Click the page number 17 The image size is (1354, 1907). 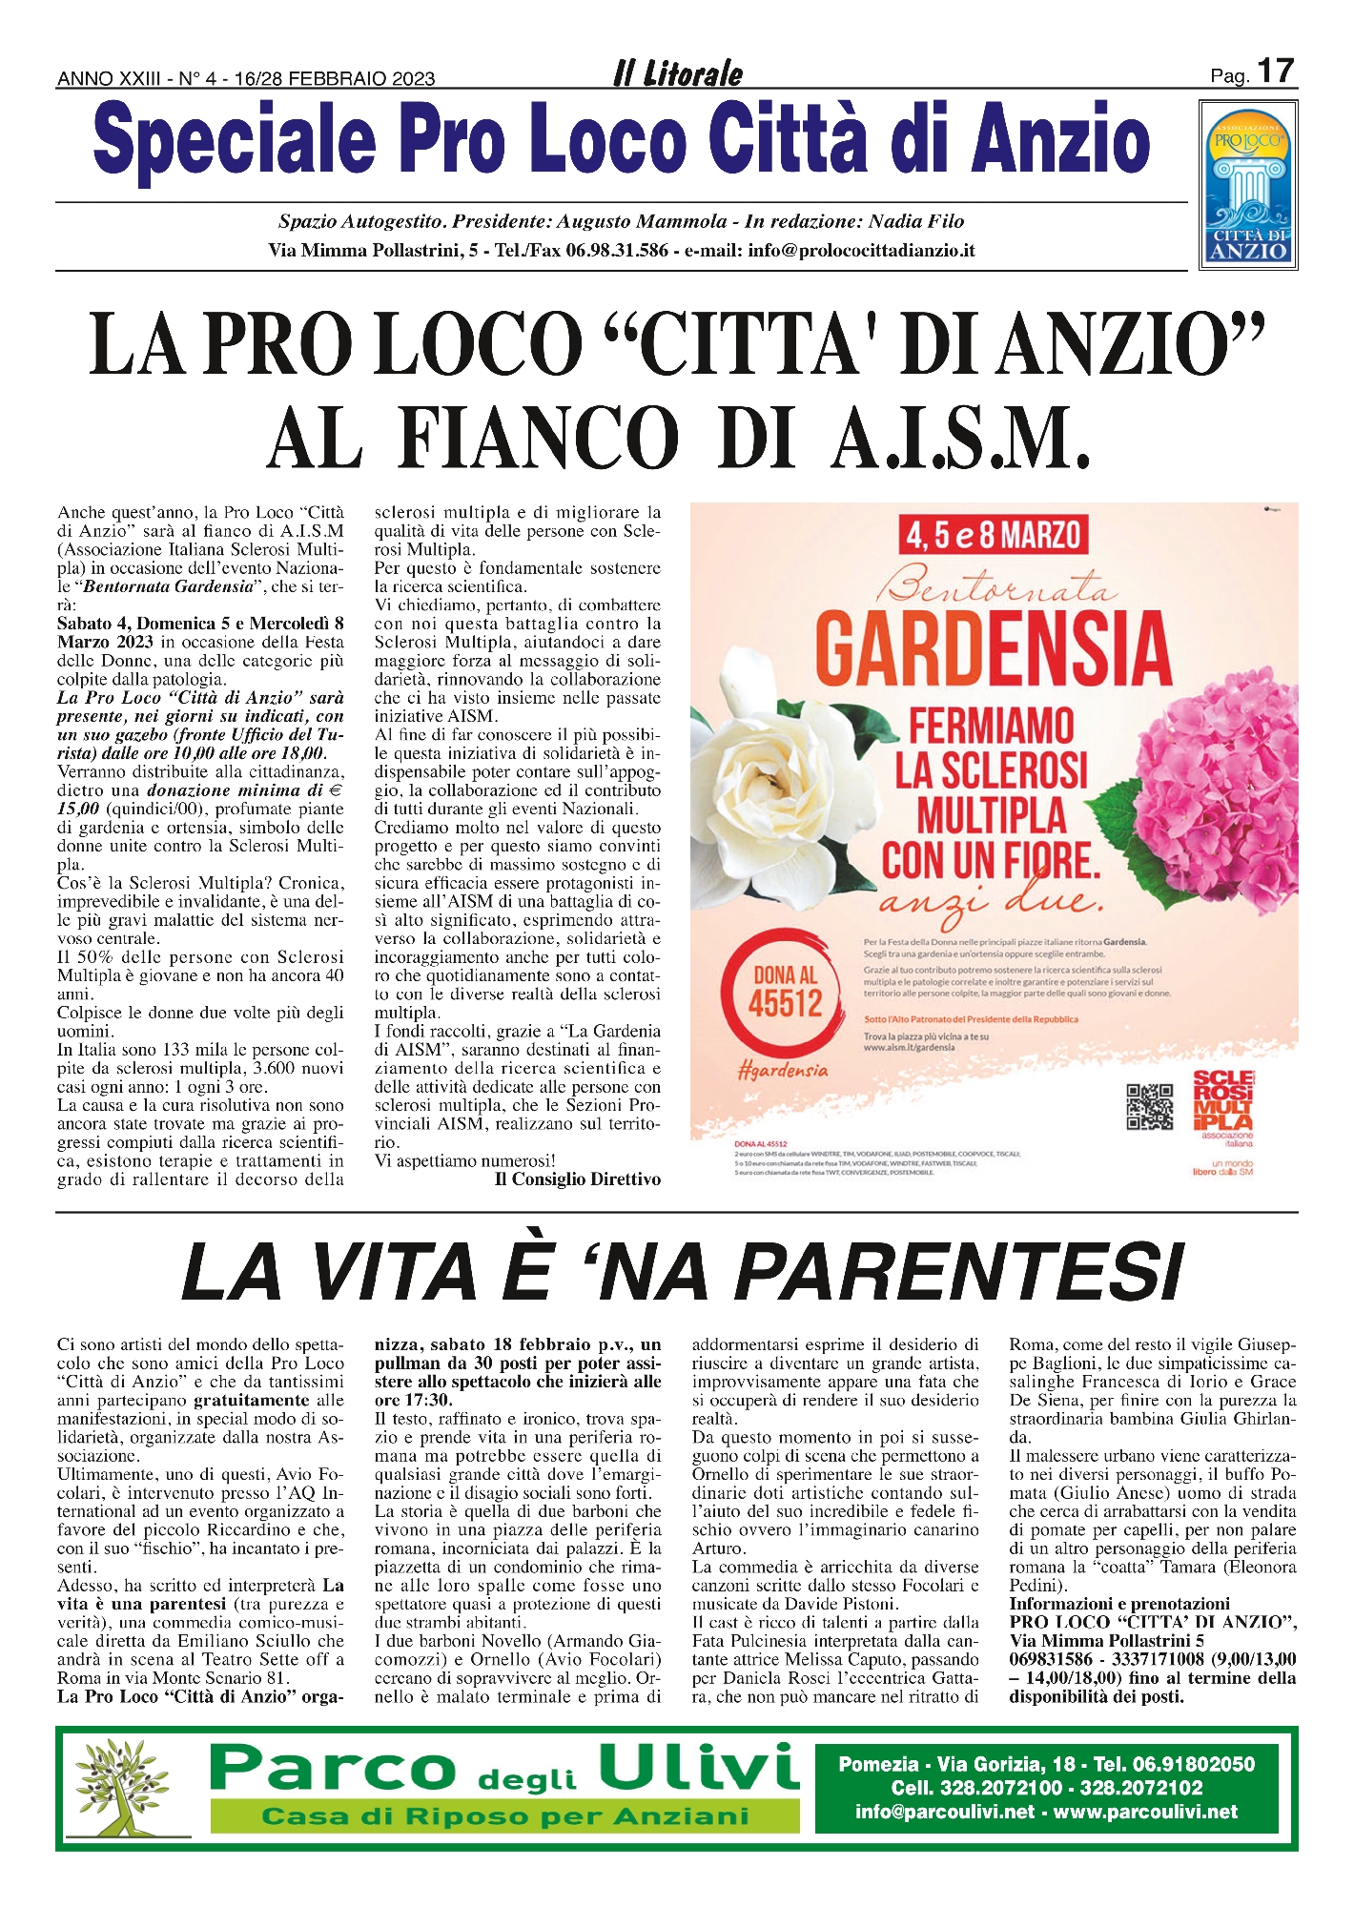coord(1275,72)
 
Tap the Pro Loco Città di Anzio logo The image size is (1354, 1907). coord(1248,188)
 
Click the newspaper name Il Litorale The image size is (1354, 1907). coord(678,73)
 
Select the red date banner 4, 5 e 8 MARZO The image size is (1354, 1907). coord(993,536)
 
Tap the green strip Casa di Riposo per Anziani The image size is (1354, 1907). coord(504,1816)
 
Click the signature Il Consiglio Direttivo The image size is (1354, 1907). coord(578,1179)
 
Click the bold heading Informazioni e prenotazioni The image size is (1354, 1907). coord(1119,1604)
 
